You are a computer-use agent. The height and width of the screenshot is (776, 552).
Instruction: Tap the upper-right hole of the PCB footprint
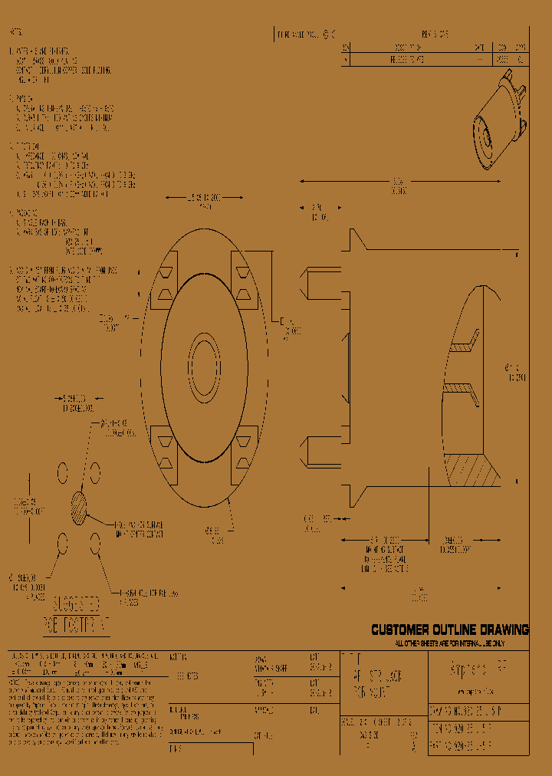[95, 469]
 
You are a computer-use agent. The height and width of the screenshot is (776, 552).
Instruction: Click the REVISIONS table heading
[435, 35]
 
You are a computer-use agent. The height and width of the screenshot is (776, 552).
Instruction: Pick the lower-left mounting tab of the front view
[165, 451]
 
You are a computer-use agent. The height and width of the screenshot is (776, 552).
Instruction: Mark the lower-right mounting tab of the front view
[244, 451]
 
